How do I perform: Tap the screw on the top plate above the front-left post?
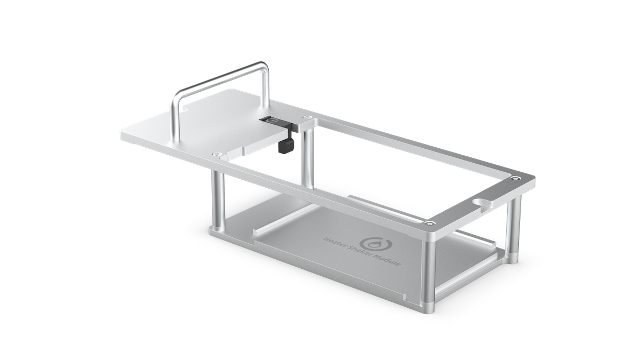(215, 154)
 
